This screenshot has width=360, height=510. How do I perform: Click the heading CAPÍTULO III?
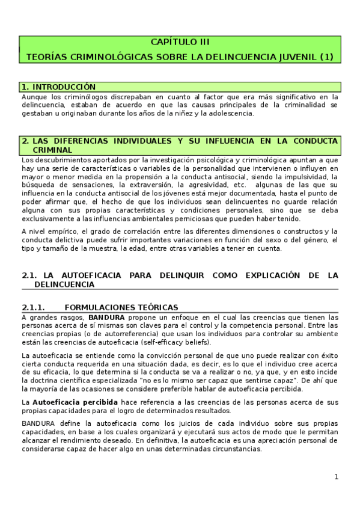pos(180,42)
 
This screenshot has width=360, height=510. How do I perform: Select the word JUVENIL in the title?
pos(293,57)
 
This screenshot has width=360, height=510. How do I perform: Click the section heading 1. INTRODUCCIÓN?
pos(58,87)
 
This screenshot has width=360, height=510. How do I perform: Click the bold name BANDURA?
pos(106,317)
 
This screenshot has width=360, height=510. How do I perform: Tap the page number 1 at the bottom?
pos(337,478)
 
